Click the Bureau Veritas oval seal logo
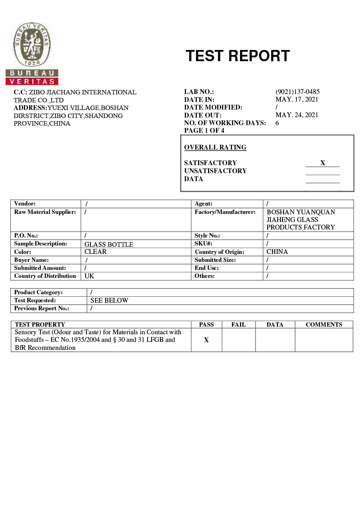[32, 44]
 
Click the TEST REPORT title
[238, 56]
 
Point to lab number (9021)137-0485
[297, 92]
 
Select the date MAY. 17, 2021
[297, 100]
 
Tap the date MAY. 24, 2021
[297, 115]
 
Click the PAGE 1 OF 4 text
[204, 131]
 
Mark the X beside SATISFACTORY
[322, 163]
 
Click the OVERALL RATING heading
[215, 148]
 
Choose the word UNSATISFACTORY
[215, 171]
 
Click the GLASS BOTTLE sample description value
[109, 244]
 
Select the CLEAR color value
[96, 252]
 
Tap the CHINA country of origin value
[277, 252]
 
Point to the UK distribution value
[89, 276]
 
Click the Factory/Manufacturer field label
[225, 212]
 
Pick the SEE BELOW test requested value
[109, 300]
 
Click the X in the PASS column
[206, 340]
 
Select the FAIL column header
[238, 325]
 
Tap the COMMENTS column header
[324, 325]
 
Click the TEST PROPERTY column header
[40, 325]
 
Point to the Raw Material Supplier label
[45, 212]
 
